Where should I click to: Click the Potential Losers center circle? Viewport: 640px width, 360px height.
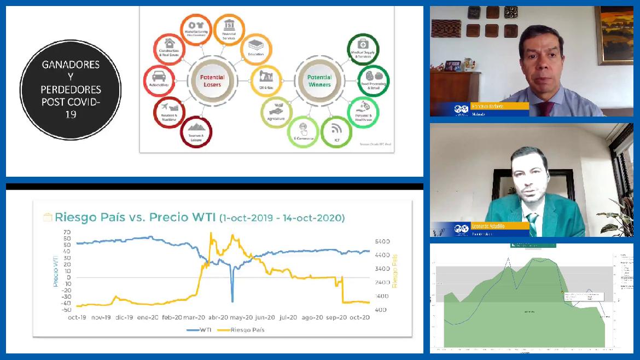(212, 81)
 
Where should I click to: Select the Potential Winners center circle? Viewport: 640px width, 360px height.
(319, 81)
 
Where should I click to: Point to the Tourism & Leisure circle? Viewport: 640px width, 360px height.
(196, 132)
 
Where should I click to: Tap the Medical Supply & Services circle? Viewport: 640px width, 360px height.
(363, 49)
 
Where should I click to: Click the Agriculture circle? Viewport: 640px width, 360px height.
(276, 112)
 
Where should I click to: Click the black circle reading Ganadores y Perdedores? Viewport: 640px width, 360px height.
(71, 90)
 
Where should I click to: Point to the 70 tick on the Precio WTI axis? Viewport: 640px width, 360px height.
(67, 232)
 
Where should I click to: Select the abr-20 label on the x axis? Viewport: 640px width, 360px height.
(218, 317)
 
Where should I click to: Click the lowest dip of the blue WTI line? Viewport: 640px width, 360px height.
(232, 301)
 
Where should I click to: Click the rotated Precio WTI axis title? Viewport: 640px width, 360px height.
(55, 271)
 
